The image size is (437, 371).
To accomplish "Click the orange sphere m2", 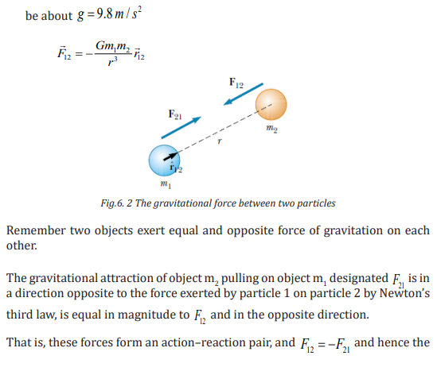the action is pos(271,105).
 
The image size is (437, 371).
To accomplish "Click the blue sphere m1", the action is pos(164,160).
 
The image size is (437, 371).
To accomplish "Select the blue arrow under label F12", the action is pos(243,94).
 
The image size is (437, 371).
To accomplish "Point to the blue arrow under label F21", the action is pos(181,128).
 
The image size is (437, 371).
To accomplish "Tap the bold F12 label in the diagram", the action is pos(236,83).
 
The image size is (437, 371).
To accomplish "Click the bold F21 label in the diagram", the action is pos(175,114).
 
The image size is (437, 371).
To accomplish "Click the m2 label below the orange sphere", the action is pos(271,129).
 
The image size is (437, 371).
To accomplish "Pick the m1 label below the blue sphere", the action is pos(166,184).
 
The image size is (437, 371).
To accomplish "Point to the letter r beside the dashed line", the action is pos(220,141).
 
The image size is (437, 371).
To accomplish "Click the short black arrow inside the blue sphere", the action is pos(171,157).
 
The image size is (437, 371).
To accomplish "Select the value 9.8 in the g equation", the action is pos(104,14).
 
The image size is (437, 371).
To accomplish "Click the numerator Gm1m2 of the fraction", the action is pos(112,46).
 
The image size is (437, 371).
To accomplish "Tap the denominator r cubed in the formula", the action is pos(112,61).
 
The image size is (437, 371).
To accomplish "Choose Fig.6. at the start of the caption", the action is pos(112,203).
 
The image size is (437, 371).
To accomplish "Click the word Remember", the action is pos(37,230).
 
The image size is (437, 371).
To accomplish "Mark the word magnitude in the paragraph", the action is pos(148,315).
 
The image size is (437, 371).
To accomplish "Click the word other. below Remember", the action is pos(21,245).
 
